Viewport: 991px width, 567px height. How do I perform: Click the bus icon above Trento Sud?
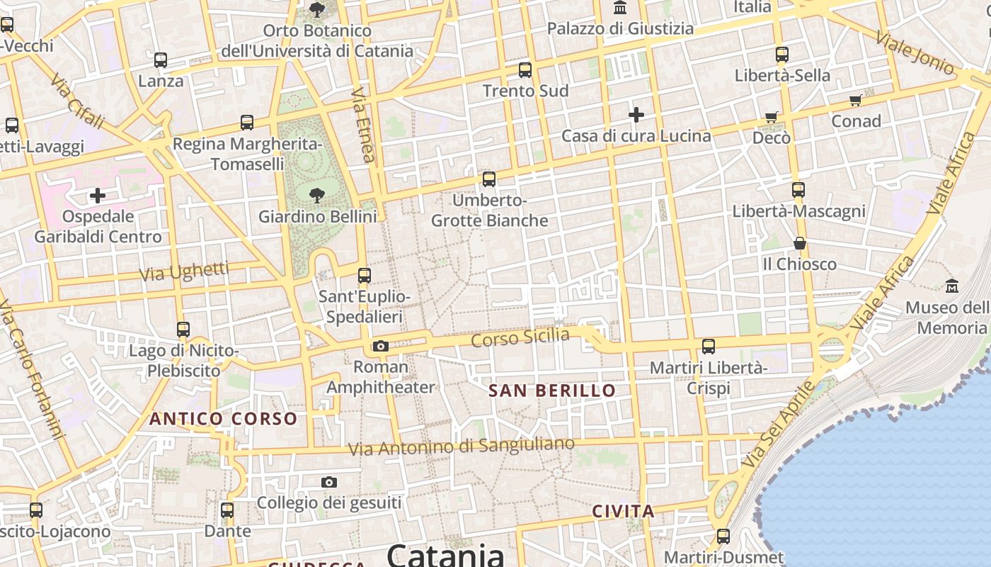pyautogui.click(x=525, y=69)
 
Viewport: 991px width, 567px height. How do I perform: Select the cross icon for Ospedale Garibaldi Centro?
pyautogui.click(x=98, y=195)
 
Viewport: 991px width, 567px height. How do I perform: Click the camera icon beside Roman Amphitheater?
pyautogui.click(x=381, y=346)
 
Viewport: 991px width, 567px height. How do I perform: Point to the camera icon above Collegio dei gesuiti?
pyautogui.click(x=328, y=482)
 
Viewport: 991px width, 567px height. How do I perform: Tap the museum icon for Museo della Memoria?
pyautogui.click(x=952, y=286)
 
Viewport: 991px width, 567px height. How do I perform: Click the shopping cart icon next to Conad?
pyautogui.click(x=856, y=101)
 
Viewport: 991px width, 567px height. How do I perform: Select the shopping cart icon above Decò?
pyautogui.click(x=771, y=117)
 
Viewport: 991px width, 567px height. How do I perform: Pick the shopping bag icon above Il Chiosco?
pyautogui.click(x=800, y=243)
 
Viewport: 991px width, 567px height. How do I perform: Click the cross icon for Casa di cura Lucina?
pyautogui.click(x=636, y=114)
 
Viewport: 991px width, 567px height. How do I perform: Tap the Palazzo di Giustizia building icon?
pyautogui.click(x=620, y=8)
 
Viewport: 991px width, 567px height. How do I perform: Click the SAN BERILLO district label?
pyautogui.click(x=552, y=391)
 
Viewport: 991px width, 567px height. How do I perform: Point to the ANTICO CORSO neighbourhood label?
pyautogui.click(x=223, y=419)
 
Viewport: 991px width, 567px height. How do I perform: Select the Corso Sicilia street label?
pyautogui.click(x=520, y=337)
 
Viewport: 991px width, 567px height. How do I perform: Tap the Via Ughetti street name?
pyautogui.click(x=184, y=271)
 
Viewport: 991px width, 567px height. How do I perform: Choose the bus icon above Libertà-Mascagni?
pyautogui.click(x=798, y=190)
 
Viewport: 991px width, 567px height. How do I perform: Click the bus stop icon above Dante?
pyautogui.click(x=227, y=510)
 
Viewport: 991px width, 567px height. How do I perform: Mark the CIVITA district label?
pyautogui.click(x=623, y=511)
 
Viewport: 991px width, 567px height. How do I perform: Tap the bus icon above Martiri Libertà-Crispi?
pyautogui.click(x=709, y=347)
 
